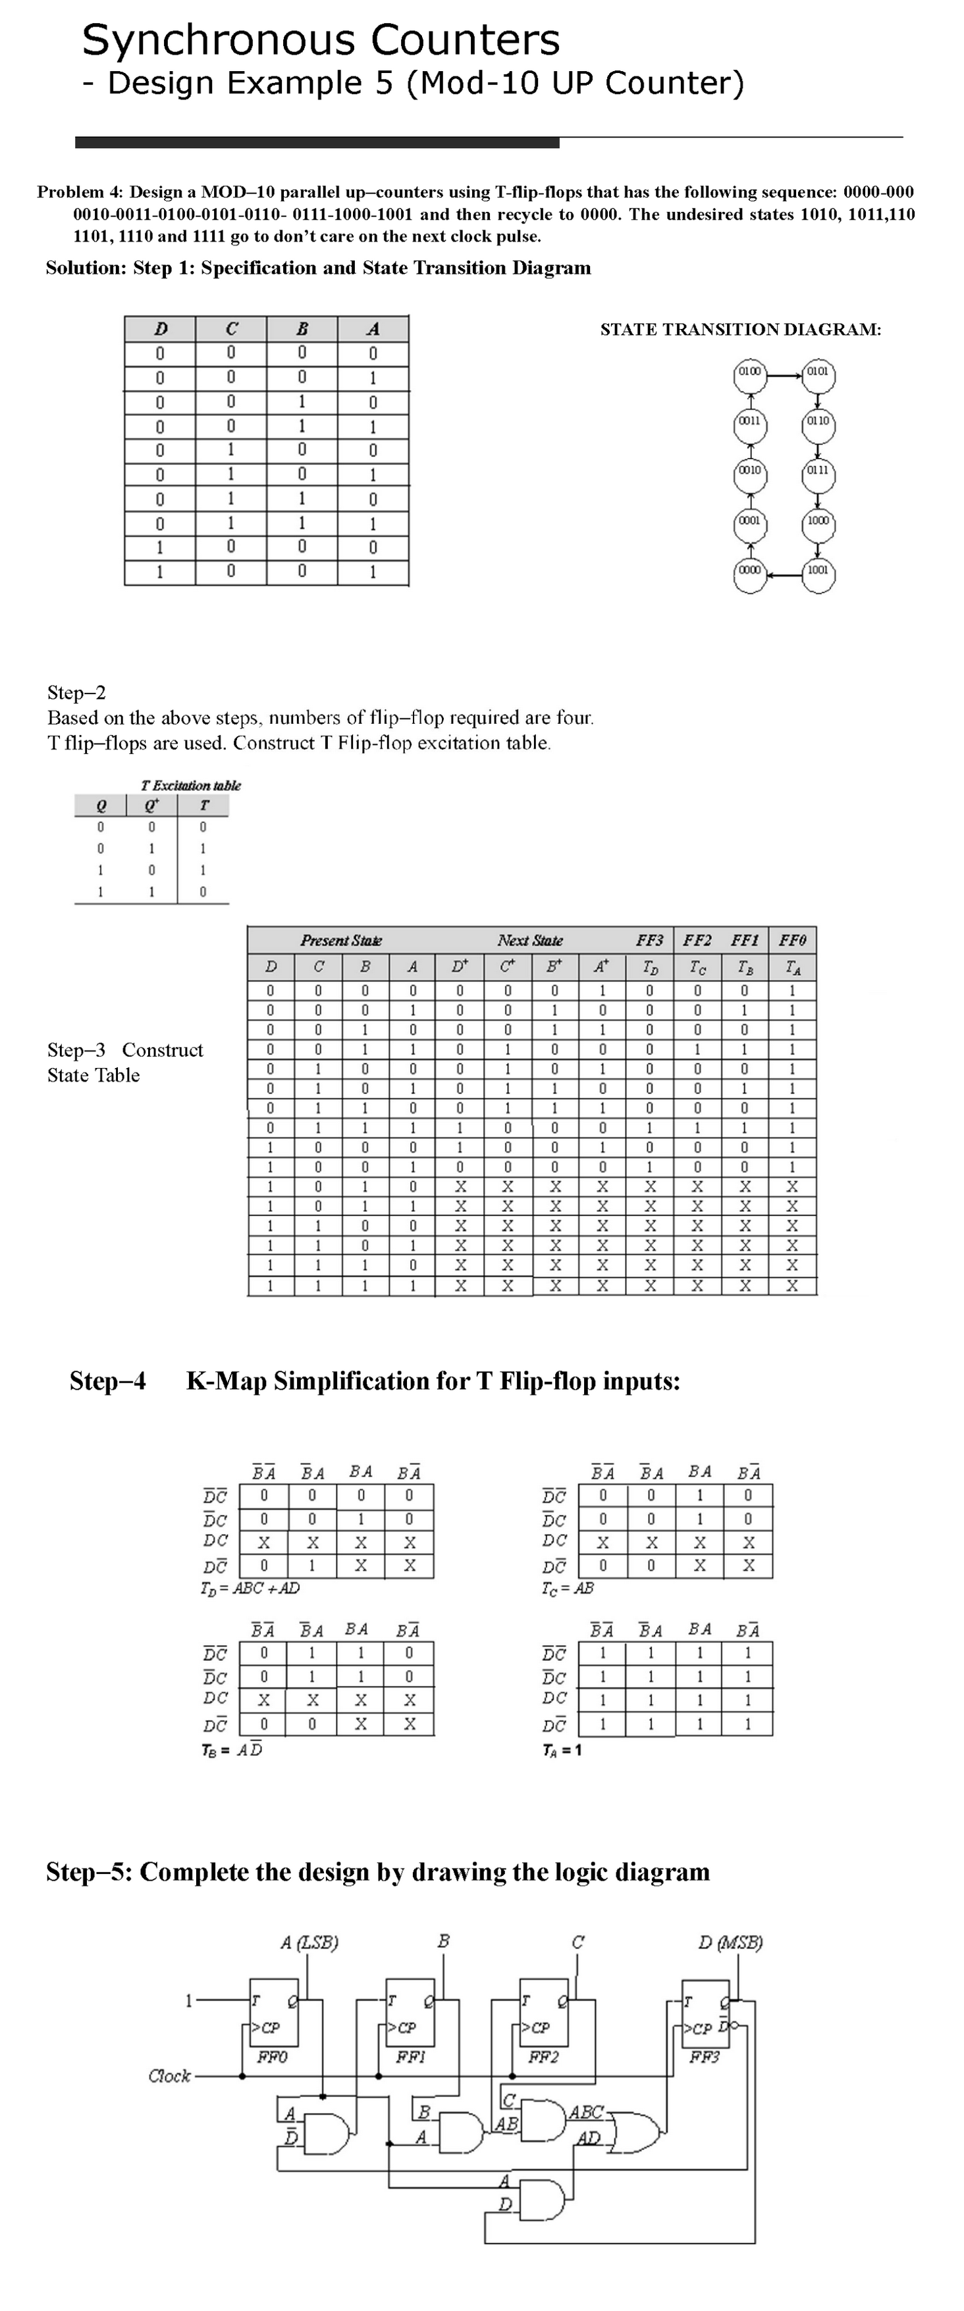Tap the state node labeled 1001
click(x=818, y=571)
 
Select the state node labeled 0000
click(x=749, y=571)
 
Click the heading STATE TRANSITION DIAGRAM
click(x=741, y=329)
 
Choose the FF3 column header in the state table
click(x=649, y=940)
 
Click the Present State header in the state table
click(x=341, y=940)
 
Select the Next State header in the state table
click(x=529, y=940)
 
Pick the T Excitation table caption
click(x=191, y=785)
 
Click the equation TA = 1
click(x=562, y=1750)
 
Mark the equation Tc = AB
click(x=567, y=1588)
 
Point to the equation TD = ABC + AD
click(x=250, y=1588)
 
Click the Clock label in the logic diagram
click(x=170, y=2075)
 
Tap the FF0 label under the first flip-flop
click(x=272, y=2056)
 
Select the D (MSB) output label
click(x=730, y=1943)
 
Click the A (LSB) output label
click(x=309, y=1943)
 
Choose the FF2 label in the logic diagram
click(x=543, y=2056)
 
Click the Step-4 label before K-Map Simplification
click(x=108, y=1381)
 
